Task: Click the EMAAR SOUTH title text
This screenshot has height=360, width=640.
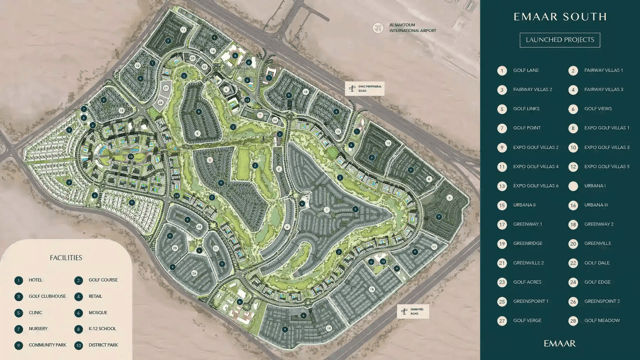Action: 560,17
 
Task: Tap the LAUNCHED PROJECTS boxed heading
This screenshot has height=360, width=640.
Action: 560,40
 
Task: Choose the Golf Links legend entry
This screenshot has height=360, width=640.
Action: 526,109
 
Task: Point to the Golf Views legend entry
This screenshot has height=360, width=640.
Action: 597,109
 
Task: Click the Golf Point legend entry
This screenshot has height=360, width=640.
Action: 526,128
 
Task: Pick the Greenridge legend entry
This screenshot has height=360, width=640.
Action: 527,243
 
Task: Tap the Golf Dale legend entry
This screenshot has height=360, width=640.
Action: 596,262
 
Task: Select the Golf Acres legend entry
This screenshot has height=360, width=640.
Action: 526,281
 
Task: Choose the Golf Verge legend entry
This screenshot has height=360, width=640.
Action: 526,320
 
